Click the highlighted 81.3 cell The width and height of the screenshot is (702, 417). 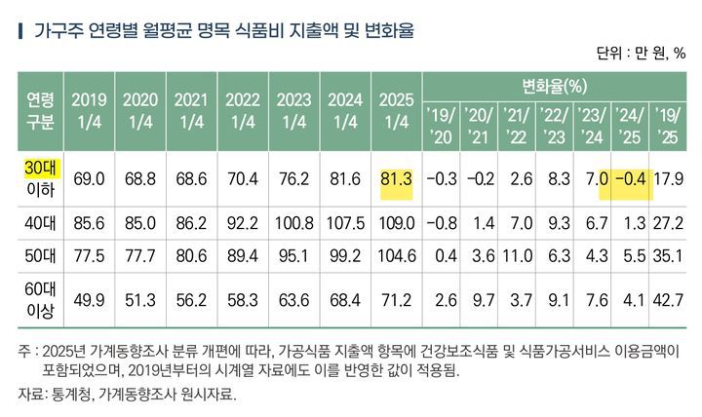395,179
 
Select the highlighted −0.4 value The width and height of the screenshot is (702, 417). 631,179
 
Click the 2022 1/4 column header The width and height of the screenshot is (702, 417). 242,110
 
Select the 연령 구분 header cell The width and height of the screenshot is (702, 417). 39,110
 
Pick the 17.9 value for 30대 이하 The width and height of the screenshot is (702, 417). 671,179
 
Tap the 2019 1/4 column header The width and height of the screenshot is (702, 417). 89,110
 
